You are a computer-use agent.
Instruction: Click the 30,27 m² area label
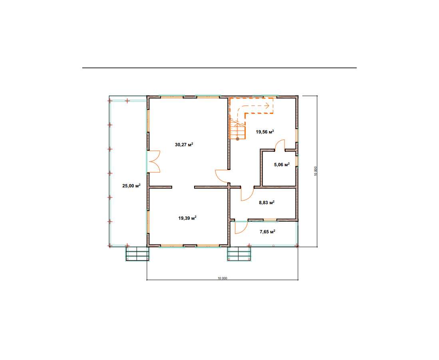click(x=184, y=145)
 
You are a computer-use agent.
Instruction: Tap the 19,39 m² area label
click(x=187, y=218)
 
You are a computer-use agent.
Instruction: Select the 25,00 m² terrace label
click(x=131, y=185)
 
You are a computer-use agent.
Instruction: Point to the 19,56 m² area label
click(x=265, y=131)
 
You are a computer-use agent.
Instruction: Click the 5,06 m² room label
click(x=282, y=165)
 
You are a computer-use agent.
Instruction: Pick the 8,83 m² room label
click(x=266, y=203)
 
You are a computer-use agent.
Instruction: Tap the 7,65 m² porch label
click(x=267, y=231)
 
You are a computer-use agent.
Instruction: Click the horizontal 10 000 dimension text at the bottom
click(x=222, y=278)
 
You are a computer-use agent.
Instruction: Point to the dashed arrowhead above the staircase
click(x=267, y=106)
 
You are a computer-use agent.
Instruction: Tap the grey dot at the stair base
click(x=238, y=139)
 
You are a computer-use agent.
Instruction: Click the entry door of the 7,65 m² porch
click(x=241, y=227)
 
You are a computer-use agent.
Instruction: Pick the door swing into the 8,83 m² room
click(x=248, y=194)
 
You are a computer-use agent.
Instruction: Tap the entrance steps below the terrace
click(x=137, y=254)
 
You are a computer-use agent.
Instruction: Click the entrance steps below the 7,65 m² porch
click(x=239, y=254)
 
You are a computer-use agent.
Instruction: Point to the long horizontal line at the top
click(x=220, y=68)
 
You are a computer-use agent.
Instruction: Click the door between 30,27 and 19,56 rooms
click(x=221, y=176)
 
